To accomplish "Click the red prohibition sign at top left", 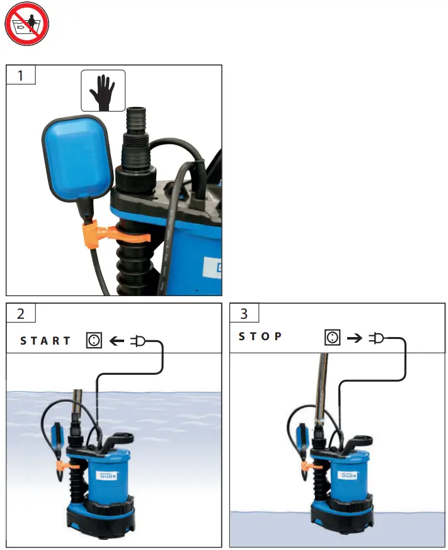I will pos(26,26).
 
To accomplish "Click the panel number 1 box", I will pos(20,75).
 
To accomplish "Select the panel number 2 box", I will pos(20,313).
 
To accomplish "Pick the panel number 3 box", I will pos(244,313).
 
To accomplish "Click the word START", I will pos(46,341).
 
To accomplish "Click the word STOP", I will pos(260,336).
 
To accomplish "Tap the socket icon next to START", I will pos(94,341).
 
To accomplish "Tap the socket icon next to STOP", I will pos(333,337).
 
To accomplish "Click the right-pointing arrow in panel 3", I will pos(354,338).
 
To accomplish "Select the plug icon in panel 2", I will pos(137,341).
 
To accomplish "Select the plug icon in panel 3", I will pos(376,338).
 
